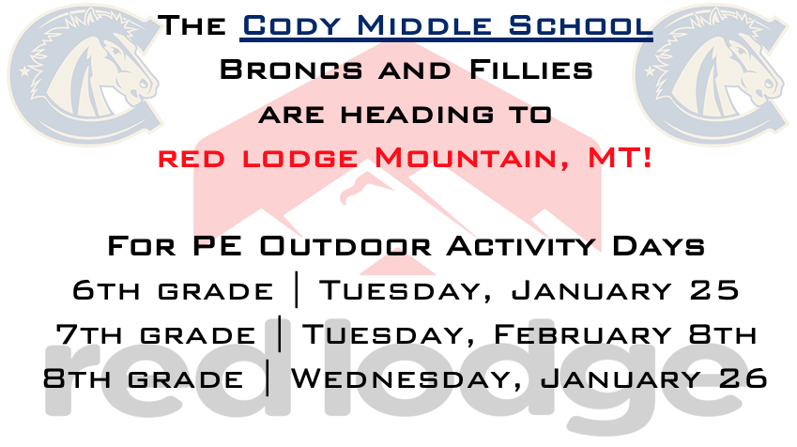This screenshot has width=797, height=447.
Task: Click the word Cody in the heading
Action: point(292,25)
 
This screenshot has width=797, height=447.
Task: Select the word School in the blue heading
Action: point(580,25)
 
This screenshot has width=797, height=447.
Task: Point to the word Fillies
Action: point(530,69)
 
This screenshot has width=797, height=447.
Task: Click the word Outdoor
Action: point(345,246)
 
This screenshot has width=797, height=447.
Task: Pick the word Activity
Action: point(520,247)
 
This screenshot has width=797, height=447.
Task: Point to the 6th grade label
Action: point(173,290)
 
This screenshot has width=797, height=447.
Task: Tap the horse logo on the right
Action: point(712,75)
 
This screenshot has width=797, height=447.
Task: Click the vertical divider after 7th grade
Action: point(281,333)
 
